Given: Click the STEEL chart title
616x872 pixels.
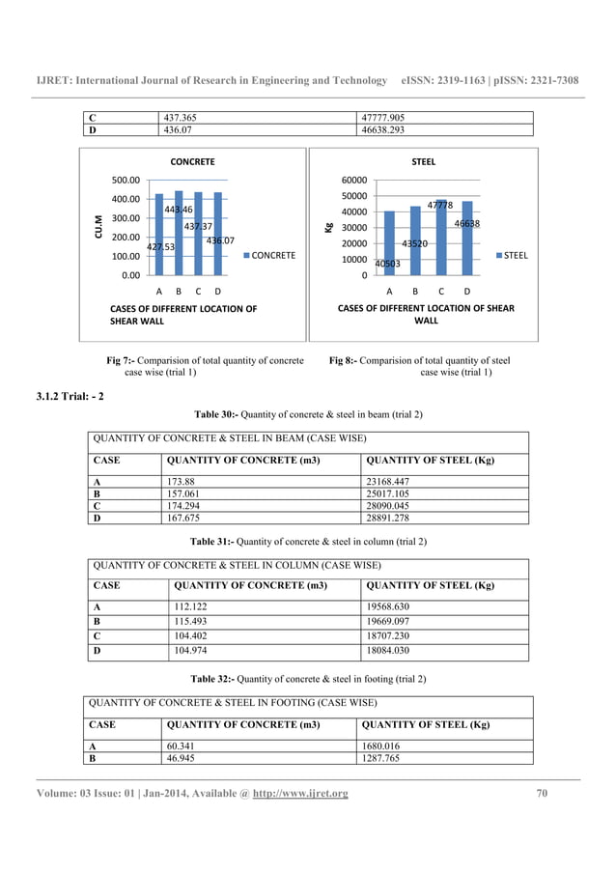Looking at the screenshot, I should pos(423,162).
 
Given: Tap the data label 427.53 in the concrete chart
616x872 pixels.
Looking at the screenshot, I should pos(160,246).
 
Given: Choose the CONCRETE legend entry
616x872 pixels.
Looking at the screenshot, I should pos(271,256).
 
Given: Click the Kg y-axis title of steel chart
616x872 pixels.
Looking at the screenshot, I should pos(329,228).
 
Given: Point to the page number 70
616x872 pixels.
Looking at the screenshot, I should pos(542,794).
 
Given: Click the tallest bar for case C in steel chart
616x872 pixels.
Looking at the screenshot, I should pos(440,239).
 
